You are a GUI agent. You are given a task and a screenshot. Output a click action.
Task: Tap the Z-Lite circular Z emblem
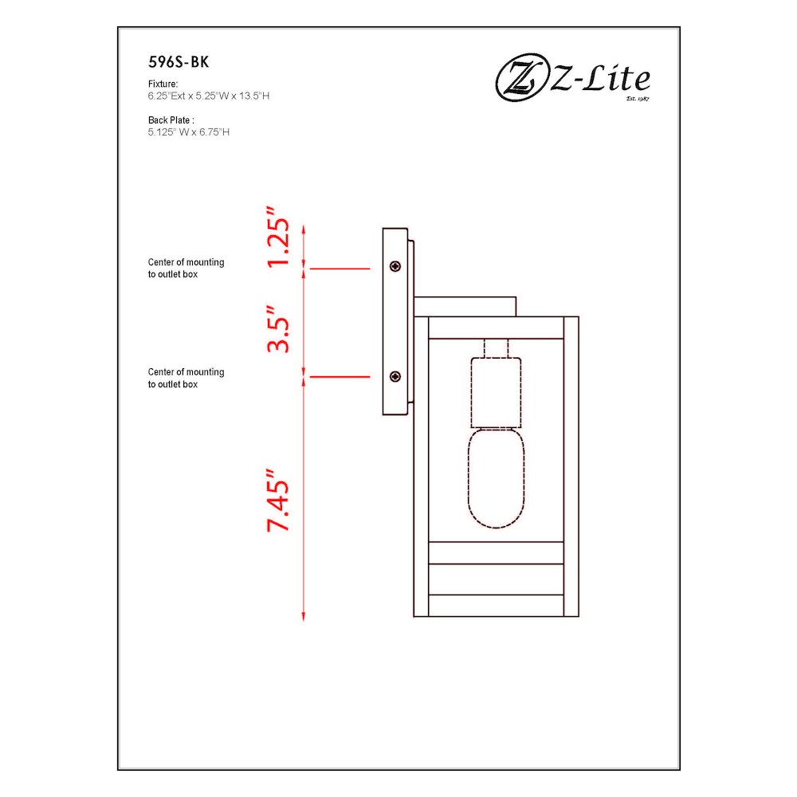pyautogui.click(x=519, y=80)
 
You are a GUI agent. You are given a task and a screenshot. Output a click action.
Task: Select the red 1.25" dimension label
pyautogui.click(x=277, y=238)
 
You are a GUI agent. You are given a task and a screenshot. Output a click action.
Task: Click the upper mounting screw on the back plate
pyautogui.click(x=395, y=267)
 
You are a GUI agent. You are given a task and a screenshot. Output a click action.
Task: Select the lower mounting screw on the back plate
pyautogui.click(x=395, y=375)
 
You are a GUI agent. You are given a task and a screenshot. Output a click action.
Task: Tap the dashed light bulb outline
pyautogui.click(x=493, y=478)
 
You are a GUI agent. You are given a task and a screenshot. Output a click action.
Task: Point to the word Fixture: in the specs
pyautogui.click(x=163, y=84)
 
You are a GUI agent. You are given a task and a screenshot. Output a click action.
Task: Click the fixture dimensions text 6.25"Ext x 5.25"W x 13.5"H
pyautogui.click(x=213, y=96)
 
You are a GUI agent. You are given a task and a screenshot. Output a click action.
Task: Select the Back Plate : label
pyautogui.click(x=171, y=120)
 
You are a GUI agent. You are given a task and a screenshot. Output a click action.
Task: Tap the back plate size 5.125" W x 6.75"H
pyautogui.click(x=189, y=132)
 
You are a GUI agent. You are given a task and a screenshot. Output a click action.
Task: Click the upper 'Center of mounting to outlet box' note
pyautogui.click(x=186, y=268)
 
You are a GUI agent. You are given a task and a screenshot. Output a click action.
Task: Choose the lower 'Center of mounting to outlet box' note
pyautogui.click(x=186, y=378)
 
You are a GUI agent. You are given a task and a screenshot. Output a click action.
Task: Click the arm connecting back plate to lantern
pyautogui.click(x=465, y=306)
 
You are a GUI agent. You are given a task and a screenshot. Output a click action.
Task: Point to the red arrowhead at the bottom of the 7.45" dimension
pyautogui.click(x=304, y=615)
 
